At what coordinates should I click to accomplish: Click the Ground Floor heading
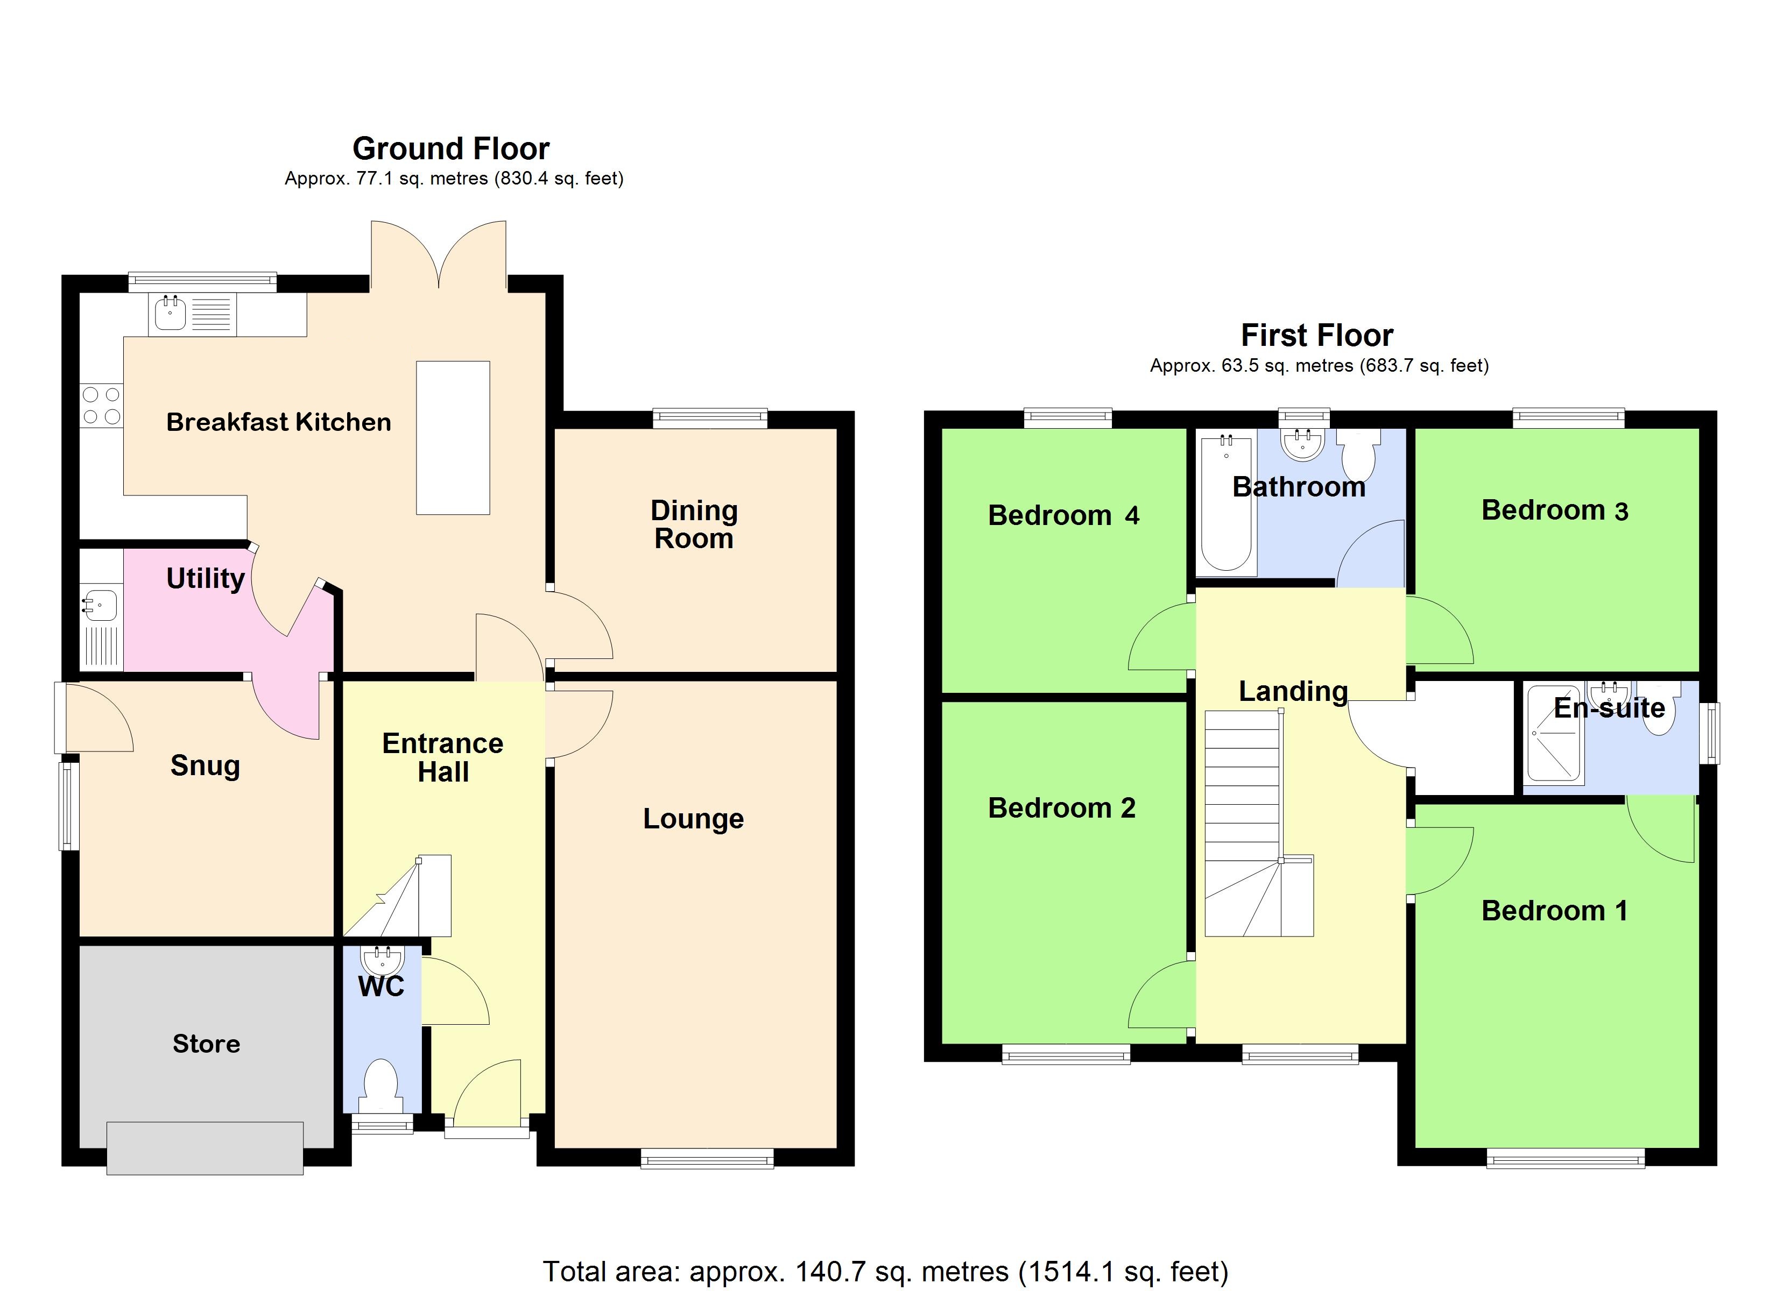(450, 149)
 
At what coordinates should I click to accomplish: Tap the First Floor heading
(1316, 336)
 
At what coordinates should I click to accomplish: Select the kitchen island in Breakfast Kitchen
(453, 438)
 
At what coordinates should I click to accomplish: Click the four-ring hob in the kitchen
(102, 406)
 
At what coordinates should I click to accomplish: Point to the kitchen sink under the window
(171, 314)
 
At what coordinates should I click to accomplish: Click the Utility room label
(205, 579)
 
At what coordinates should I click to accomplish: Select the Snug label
(205, 765)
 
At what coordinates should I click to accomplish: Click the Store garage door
(205, 1148)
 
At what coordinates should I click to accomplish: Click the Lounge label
(693, 819)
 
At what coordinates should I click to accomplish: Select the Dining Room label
(694, 524)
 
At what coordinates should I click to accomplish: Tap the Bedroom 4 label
(1062, 515)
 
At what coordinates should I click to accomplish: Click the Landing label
(1293, 691)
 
